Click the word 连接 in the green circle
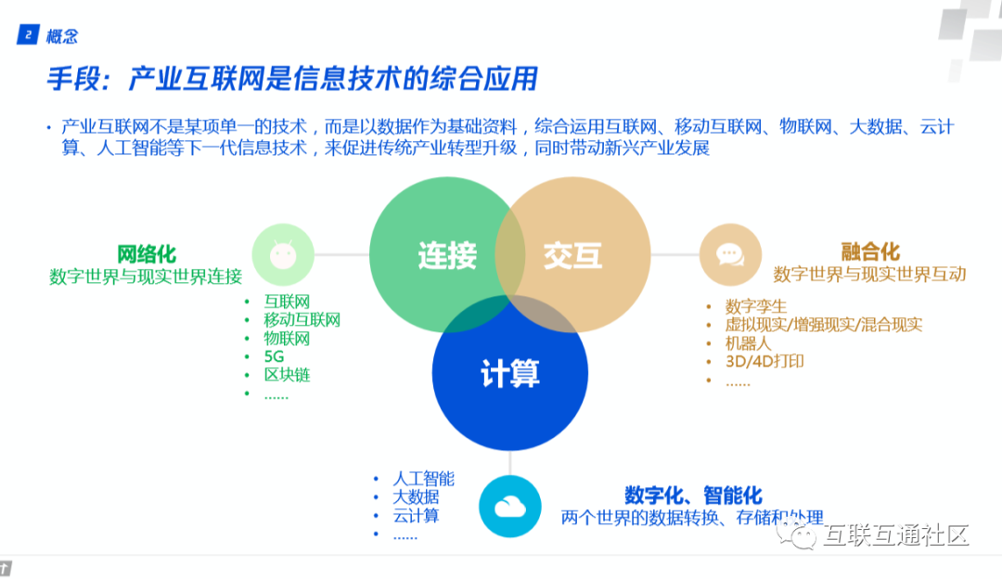point(446,254)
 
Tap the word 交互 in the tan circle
point(572,254)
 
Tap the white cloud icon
point(509,506)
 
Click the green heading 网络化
point(146,253)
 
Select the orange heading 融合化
point(869,251)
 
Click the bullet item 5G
point(275,356)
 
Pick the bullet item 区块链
point(287,375)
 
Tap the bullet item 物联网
point(287,339)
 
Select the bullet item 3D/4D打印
point(764,361)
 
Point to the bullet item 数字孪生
point(756,305)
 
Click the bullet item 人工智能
point(423,479)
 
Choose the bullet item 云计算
point(416,516)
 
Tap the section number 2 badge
point(28,35)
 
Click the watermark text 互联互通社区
point(895,535)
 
